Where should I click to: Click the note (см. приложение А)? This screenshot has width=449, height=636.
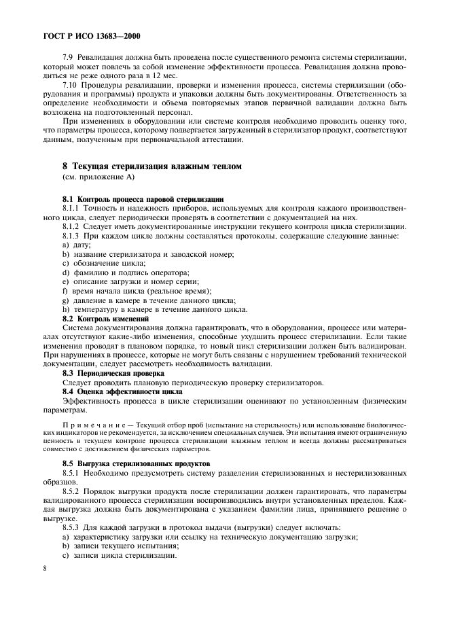coord(98,177)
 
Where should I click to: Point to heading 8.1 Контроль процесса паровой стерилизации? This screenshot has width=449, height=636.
coord(143,198)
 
